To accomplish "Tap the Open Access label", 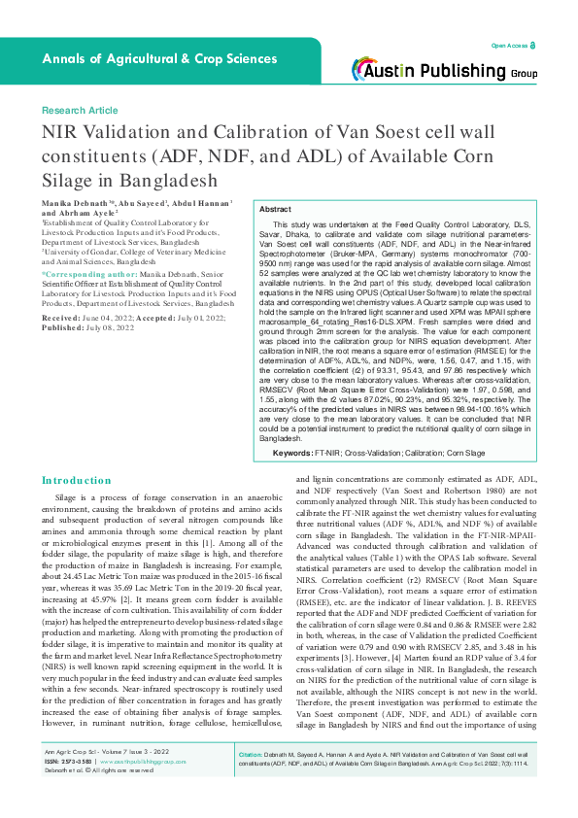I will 508,46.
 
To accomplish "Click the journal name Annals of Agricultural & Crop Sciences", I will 145,59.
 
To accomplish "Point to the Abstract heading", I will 275,210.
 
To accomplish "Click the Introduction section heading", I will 77,480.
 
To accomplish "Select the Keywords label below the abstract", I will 291,453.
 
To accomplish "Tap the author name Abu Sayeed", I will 137,202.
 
